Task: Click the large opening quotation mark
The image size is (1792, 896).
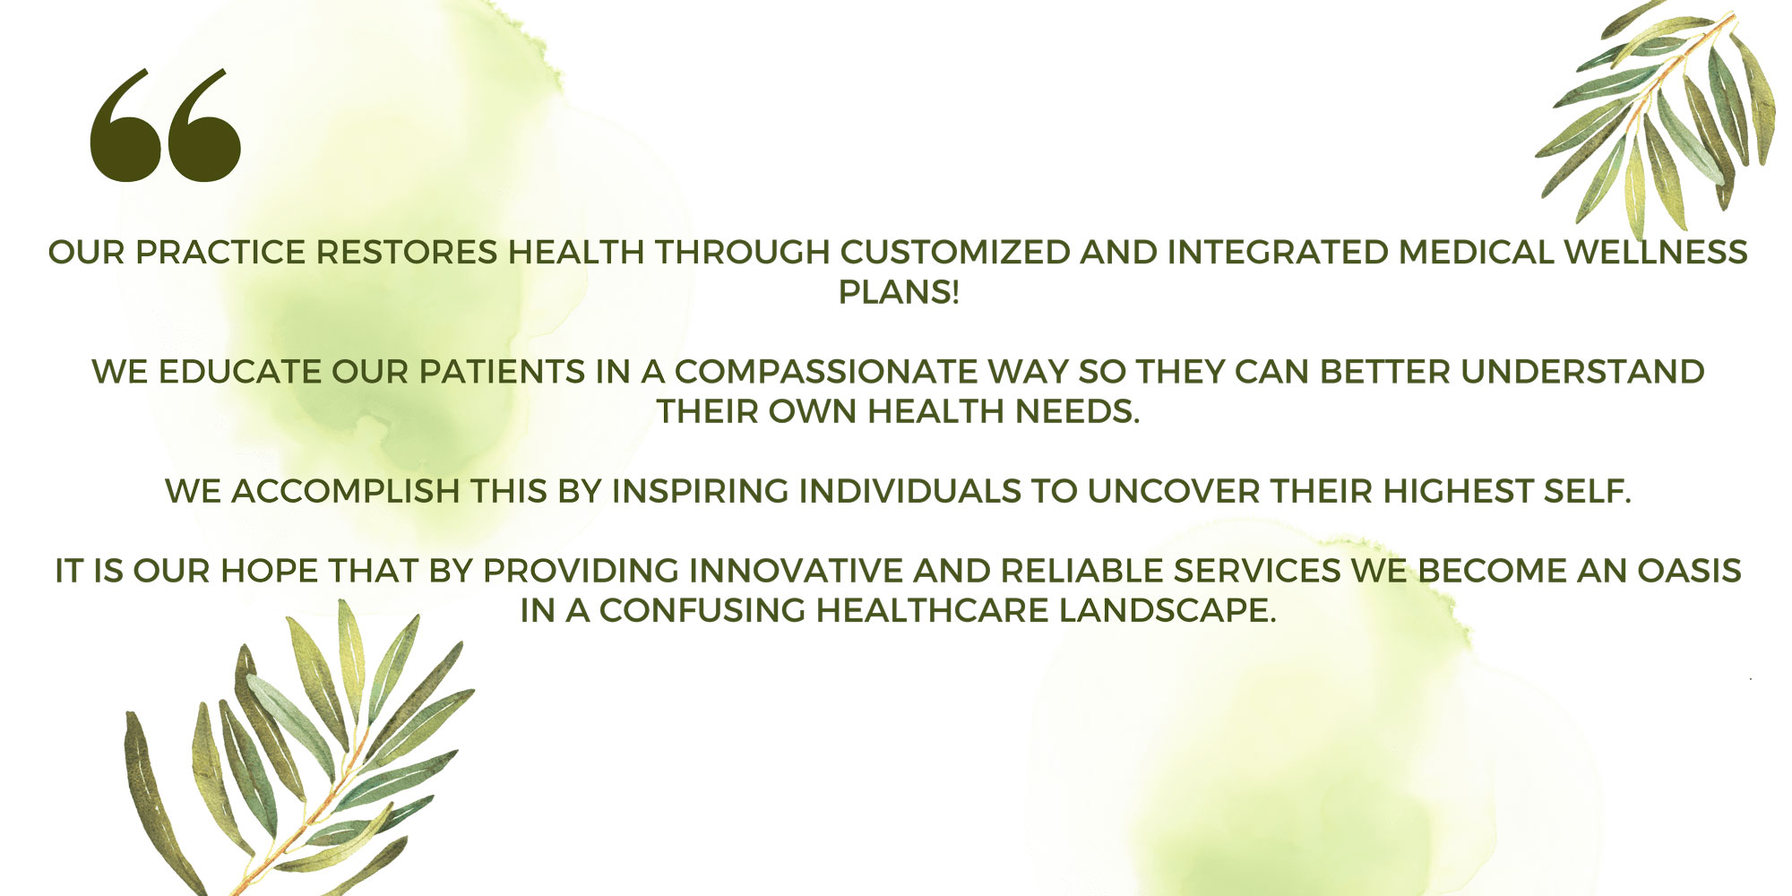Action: [166, 126]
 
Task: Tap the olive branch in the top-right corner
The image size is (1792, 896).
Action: [1658, 116]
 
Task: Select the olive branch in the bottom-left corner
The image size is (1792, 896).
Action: [296, 753]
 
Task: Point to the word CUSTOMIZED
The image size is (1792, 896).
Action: [955, 253]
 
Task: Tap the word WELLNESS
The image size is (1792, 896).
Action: [1656, 253]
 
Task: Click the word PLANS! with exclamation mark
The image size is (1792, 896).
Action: [899, 292]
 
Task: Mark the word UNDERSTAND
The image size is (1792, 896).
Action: [1583, 372]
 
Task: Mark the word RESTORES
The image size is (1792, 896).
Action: [407, 253]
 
